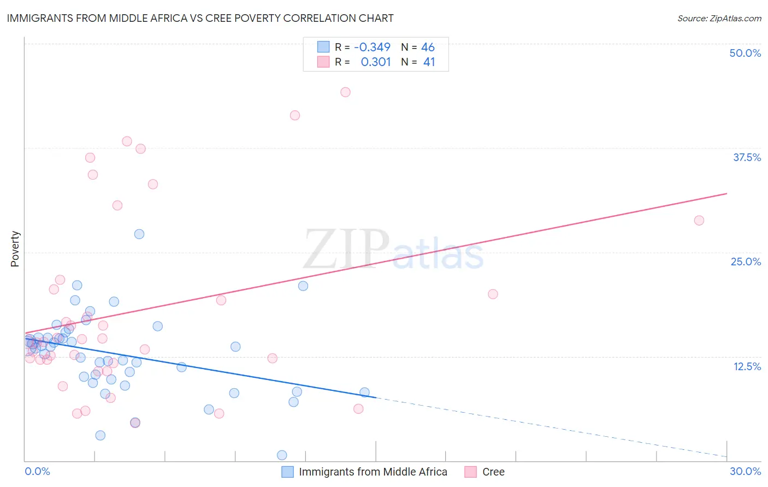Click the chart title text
point(200,18)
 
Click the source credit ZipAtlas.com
point(719,18)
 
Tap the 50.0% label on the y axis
point(745,53)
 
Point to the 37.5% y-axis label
point(747,157)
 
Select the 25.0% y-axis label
point(746,262)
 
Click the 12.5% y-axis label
point(747,366)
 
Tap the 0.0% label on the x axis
point(37,471)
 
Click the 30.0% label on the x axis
point(745,471)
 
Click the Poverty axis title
point(15,249)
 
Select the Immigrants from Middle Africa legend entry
point(373,472)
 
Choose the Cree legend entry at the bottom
point(493,472)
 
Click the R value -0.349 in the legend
point(372,47)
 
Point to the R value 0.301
point(375,62)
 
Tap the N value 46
point(428,47)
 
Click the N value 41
point(429,62)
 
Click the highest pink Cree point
point(345,92)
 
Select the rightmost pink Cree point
point(699,221)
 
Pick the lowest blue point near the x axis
point(282,455)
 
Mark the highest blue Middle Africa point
point(139,234)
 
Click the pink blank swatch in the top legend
point(323,62)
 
